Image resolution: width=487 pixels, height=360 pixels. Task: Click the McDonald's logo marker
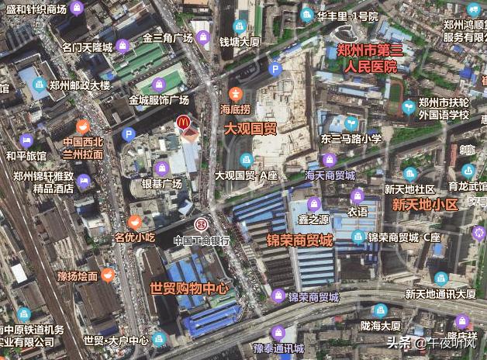click(x=183, y=123)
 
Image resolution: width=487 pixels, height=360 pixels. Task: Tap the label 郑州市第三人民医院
click(x=371, y=59)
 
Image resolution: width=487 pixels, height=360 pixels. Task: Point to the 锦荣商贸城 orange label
click(x=299, y=241)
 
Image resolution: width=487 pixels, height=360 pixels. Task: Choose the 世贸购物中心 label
click(x=190, y=289)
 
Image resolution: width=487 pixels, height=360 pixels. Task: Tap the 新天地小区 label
click(x=424, y=205)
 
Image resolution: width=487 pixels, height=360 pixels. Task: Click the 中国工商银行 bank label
click(x=202, y=240)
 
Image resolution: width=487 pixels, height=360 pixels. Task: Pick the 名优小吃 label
click(x=136, y=237)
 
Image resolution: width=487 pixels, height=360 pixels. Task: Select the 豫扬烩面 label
click(x=78, y=275)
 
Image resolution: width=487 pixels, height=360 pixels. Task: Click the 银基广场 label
click(x=161, y=184)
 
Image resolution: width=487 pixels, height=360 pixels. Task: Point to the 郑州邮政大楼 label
click(x=80, y=85)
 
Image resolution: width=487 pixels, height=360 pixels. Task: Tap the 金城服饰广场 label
click(x=159, y=100)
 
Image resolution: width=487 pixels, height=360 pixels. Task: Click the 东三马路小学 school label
click(x=351, y=139)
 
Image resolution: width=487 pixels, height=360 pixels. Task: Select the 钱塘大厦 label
click(x=239, y=41)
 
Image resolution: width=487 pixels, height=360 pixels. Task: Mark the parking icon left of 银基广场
click(x=129, y=134)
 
